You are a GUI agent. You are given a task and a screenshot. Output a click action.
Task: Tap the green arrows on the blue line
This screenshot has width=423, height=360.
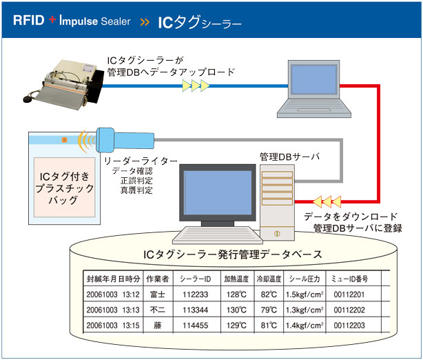(195, 85)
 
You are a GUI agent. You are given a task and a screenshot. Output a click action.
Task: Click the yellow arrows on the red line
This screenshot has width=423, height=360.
(325, 202)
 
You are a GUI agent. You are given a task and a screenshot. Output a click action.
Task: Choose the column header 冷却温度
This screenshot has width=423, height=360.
(269, 279)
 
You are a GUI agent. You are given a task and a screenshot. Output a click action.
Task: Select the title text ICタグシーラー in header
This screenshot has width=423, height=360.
(200, 23)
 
